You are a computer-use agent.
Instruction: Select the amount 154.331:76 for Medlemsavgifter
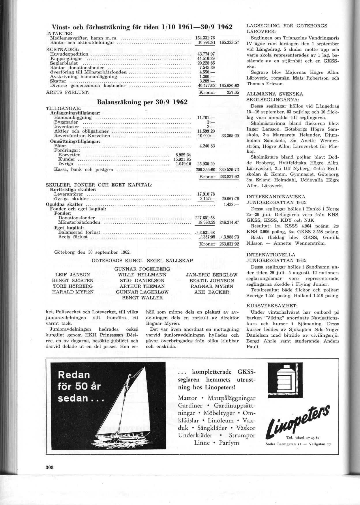205,38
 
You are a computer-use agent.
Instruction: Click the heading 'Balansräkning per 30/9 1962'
142,102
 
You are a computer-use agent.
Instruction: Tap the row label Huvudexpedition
69,54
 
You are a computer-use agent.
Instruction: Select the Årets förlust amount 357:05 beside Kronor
232,93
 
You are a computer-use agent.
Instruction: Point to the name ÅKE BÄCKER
211,292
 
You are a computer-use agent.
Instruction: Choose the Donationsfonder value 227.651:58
205,218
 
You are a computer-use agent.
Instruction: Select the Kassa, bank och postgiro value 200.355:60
205,169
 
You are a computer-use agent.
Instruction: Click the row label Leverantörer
69,194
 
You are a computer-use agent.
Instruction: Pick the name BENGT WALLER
142,298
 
